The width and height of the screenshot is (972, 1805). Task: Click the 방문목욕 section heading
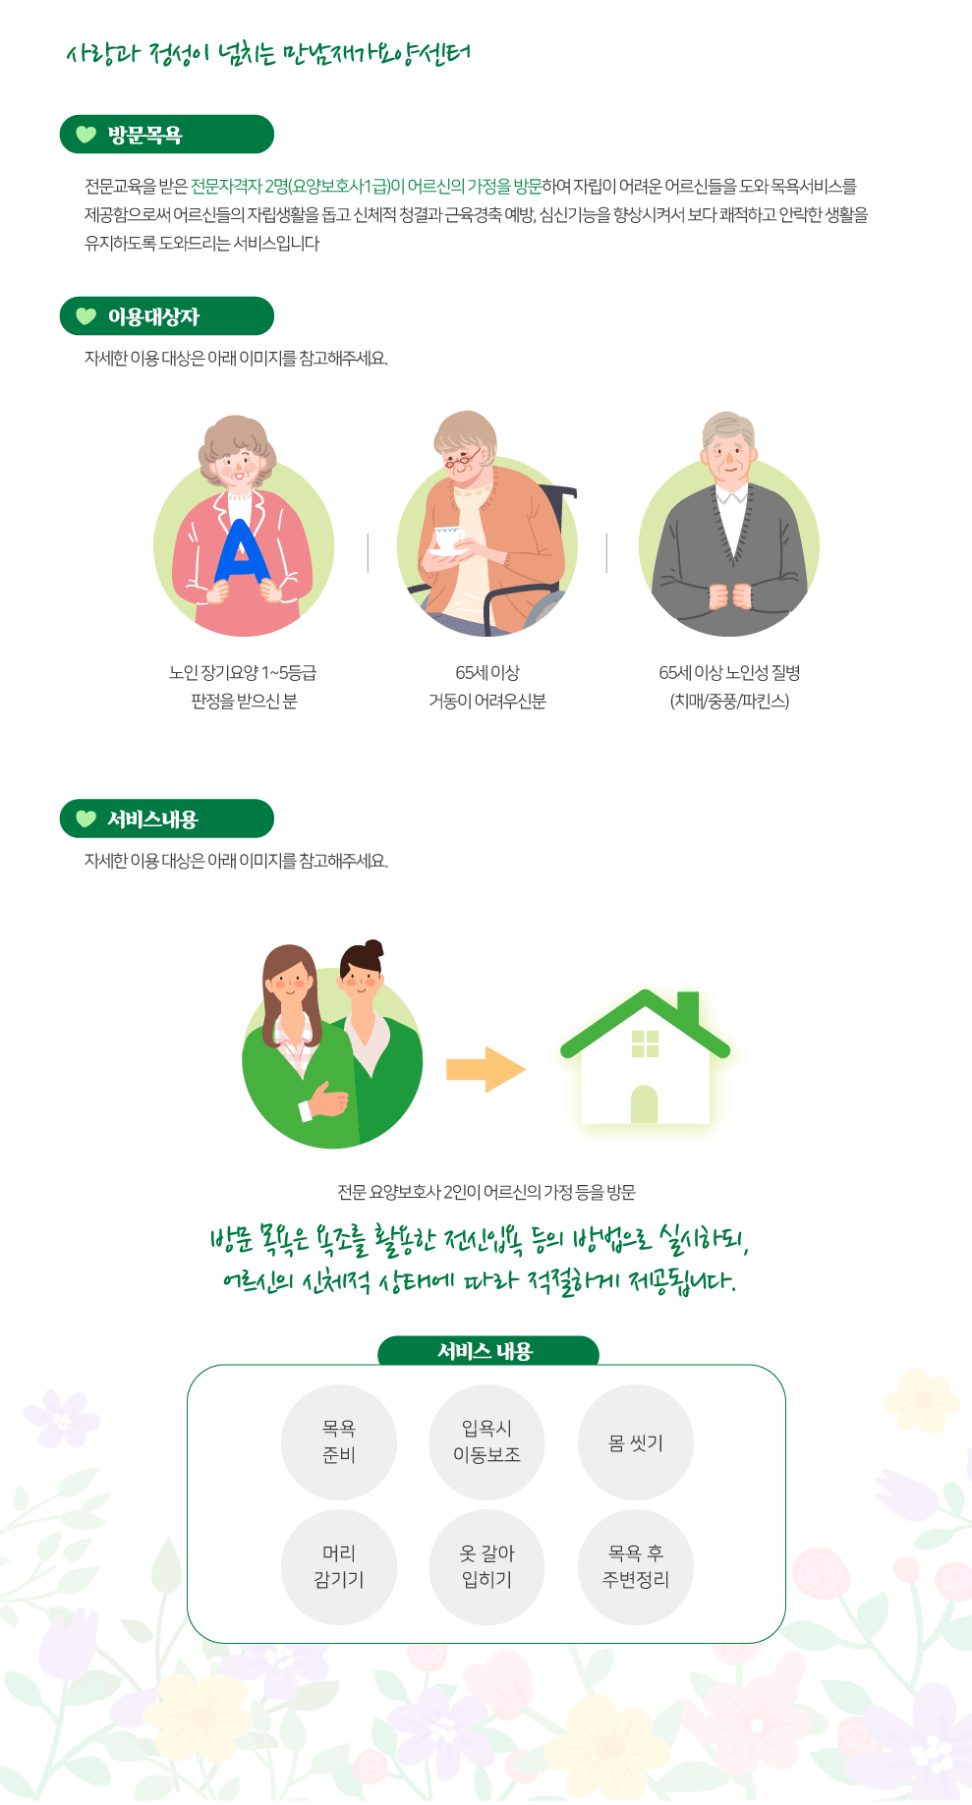(166, 135)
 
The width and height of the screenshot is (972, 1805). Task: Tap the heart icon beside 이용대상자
(86, 316)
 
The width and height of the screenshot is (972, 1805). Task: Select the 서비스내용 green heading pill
(166, 818)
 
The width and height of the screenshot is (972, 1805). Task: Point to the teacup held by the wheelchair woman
(447, 538)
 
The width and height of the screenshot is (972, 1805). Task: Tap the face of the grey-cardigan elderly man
(727, 455)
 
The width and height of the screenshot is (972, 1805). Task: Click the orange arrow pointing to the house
(486, 1069)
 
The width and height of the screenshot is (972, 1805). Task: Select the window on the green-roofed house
(645, 1044)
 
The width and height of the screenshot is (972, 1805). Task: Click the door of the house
(644, 1104)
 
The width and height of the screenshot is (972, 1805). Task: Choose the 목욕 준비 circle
(339, 1441)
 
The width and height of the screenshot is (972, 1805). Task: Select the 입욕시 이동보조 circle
(486, 1441)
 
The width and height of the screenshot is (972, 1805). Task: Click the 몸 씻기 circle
(636, 1442)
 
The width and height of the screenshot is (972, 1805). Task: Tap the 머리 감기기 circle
(339, 1566)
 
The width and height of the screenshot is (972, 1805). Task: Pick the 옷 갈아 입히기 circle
(486, 1566)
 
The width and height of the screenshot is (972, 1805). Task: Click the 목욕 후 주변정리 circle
(636, 1566)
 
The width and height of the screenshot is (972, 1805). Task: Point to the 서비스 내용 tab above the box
(487, 1351)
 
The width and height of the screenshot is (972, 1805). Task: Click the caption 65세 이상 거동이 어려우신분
(487, 686)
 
